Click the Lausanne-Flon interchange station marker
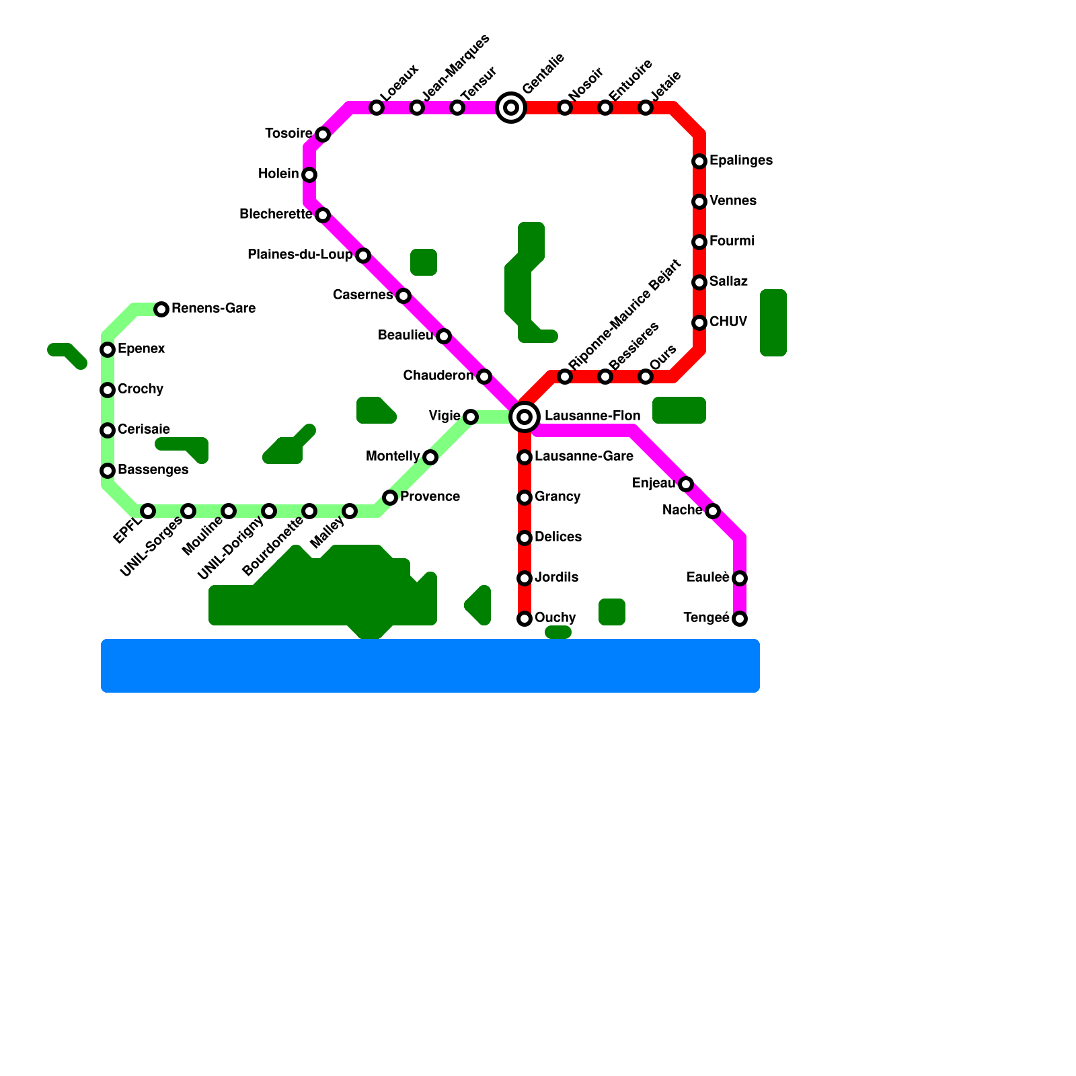tap(525, 417)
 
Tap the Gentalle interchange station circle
tap(511, 108)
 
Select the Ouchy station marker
tap(525, 619)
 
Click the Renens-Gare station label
tap(213, 309)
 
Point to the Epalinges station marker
tap(699, 161)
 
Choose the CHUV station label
tap(728, 322)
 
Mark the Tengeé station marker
tap(740, 619)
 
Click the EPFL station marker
tap(148, 511)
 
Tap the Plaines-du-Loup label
tap(300, 255)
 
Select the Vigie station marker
tap(471, 417)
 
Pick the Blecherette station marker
tap(323, 215)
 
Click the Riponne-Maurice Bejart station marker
tap(565, 377)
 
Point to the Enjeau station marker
tap(686, 484)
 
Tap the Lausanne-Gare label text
tap(584, 457)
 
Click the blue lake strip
tap(430, 666)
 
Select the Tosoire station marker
tap(323, 134)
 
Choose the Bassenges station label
tap(153, 470)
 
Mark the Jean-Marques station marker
tap(417, 108)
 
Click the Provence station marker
tap(390, 498)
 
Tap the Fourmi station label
tap(732, 241)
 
